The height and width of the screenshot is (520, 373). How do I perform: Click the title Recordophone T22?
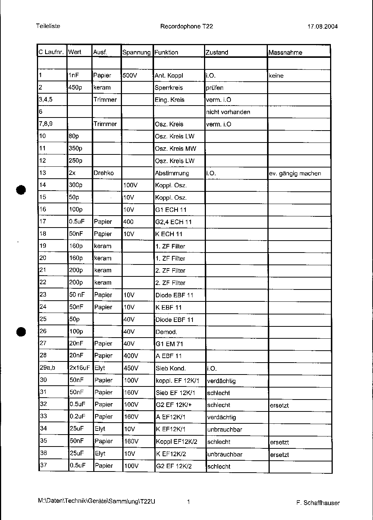coord(186,26)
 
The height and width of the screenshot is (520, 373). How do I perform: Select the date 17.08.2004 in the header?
coord(323,26)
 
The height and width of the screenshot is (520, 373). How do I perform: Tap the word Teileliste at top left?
coord(48,26)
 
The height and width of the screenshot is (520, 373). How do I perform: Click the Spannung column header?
coord(137,53)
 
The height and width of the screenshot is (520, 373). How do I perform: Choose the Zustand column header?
coord(217,53)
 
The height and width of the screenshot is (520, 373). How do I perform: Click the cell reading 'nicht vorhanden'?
coord(228,112)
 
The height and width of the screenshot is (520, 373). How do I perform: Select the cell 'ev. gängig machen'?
coord(295,173)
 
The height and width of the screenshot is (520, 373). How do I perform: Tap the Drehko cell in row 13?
coord(104,173)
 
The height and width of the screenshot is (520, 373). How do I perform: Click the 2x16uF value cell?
coord(79,368)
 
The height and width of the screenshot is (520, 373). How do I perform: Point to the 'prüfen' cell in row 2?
coord(214,88)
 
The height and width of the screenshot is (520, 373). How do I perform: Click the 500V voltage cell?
coord(130,76)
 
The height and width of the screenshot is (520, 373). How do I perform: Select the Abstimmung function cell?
coord(172,173)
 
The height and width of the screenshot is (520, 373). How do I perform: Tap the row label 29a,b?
coord(47,368)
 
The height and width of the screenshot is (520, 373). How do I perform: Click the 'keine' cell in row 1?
coord(276,76)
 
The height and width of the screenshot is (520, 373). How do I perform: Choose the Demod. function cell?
coord(166,332)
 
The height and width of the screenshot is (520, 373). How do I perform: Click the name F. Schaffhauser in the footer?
coord(318,503)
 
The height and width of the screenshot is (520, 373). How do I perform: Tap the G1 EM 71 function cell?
coord(169,344)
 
